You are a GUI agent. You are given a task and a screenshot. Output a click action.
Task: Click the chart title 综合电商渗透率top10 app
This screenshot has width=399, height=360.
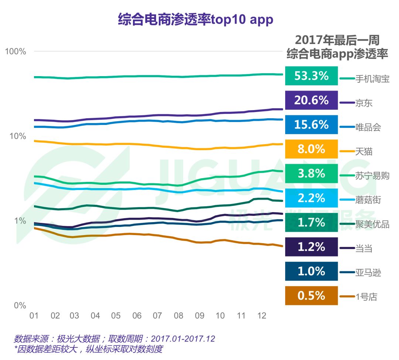[x=195, y=19]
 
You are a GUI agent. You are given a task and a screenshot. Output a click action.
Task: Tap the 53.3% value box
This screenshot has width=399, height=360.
[x=311, y=76]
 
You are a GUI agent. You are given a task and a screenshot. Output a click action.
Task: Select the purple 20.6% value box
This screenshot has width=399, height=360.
[x=311, y=100]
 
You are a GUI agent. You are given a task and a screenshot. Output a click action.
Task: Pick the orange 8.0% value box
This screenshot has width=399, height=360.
[x=311, y=149]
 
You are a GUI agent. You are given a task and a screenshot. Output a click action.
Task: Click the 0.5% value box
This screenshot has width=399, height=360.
[x=311, y=296]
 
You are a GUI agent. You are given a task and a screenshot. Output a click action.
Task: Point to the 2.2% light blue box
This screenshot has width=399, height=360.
[x=311, y=198]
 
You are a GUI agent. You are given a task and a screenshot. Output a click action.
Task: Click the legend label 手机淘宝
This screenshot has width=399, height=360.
[x=372, y=79]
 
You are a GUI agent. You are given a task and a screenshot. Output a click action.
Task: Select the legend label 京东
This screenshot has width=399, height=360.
[x=364, y=103]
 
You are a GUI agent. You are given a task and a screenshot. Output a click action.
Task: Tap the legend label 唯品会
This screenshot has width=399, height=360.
[x=368, y=128]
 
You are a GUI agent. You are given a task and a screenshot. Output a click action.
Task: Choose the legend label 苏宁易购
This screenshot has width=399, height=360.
[x=372, y=176]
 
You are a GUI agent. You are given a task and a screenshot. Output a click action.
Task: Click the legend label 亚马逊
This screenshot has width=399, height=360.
[x=368, y=273]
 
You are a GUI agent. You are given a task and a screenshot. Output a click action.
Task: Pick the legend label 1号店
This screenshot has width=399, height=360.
[x=366, y=297]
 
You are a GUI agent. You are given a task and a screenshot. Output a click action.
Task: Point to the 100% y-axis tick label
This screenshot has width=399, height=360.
[x=16, y=51]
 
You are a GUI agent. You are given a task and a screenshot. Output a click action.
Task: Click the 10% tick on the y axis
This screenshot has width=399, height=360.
[x=17, y=136]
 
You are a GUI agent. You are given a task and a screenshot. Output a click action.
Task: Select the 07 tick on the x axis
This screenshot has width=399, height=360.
[x=158, y=316]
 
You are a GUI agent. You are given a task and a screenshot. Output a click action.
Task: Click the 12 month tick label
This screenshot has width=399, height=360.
[x=262, y=316]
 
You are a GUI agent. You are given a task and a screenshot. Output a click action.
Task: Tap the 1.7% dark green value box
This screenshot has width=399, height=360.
[x=311, y=223]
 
